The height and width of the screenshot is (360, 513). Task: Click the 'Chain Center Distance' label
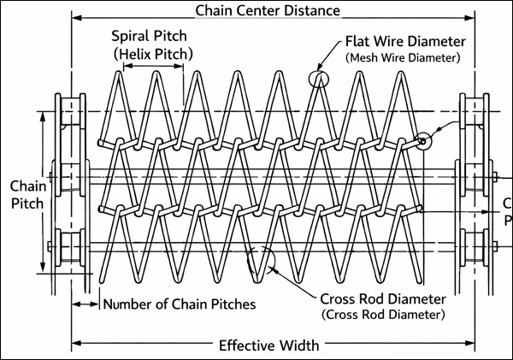pyautogui.click(x=268, y=11)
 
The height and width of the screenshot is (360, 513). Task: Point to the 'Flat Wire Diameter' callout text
pyautogui.click(x=404, y=41)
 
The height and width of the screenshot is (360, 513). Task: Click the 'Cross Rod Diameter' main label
pyautogui.click(x=383, y=299)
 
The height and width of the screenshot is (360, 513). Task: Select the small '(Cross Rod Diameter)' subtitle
pyautogui.click(x=383, y=315)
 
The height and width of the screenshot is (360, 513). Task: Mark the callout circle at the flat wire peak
pyautogui.click(x=318, y=80)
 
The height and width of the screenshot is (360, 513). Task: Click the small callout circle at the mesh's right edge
pyautogui.click(x=422, y=140)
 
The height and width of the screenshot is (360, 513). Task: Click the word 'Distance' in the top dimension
pyautogui.click(x=311, y=11)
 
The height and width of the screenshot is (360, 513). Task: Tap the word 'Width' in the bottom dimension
pyautogui.click(x=298, y=345)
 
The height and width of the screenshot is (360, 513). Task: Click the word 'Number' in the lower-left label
pyautogui.click(x=130, y=303)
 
